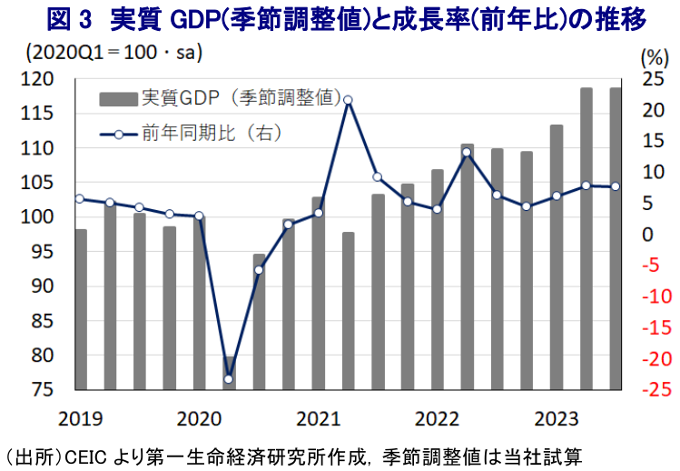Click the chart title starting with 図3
(340, 18)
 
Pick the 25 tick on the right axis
(652, 79)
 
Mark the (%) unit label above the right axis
(654, 56)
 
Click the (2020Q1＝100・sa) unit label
(118, 51)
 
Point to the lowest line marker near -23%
(229, 379)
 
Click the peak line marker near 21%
(348, 100)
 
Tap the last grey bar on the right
(616, 239)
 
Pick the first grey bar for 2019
(81, 309)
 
